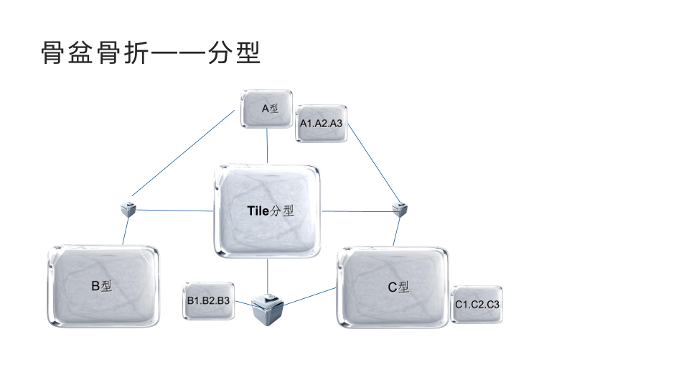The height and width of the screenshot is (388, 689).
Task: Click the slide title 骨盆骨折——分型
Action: point(151,53)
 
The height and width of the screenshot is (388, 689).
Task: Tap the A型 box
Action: point(267,108)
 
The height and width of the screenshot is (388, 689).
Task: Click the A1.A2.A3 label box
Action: point(322,124)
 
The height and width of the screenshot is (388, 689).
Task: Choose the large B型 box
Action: point(104,286)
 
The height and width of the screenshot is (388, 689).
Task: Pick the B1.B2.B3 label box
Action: point(208,300)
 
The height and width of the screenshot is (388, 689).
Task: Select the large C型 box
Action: point(393,287)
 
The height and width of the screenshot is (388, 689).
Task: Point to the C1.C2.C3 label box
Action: point(477,305)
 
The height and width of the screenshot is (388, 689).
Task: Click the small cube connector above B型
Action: point(129,209)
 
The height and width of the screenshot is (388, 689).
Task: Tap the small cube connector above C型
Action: point(400,210)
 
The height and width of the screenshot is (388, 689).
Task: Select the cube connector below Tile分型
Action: point(268,308)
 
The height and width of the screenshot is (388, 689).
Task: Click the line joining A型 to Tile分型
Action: point(267,147)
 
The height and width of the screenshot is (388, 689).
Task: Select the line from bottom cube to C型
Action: point(311,296)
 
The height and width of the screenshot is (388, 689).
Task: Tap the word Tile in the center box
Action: point(257,211)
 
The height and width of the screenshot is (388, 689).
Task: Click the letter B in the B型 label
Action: point(95,286)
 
